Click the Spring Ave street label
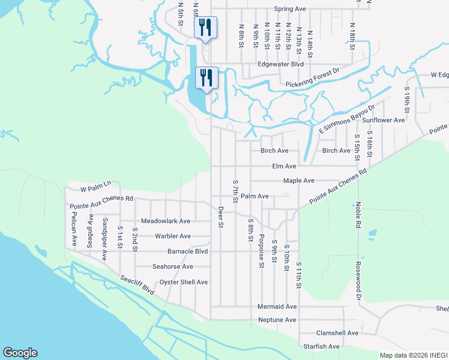click(290, 9)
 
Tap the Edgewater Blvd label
click(280, 64)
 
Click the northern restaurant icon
click(205, 28)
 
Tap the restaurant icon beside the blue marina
click(205, 78)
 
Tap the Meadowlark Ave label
click(166, 221)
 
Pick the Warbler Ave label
click(173, 236)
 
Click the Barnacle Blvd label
click(187, 251)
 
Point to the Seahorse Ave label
click(173, 266)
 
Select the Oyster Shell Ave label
click(183, 282)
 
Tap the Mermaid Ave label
click(277, 306)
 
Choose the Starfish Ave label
click(321, 346)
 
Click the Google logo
click(20, 353)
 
